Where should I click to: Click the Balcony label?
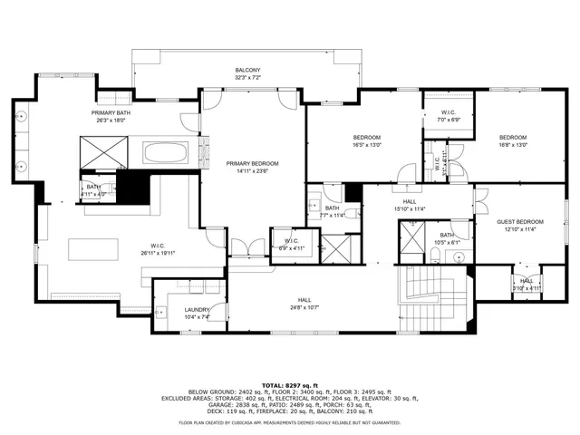[247, 70]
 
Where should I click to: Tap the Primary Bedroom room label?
[252, 163]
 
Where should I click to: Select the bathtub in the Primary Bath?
[169, 151]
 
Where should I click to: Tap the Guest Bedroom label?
[520, 222]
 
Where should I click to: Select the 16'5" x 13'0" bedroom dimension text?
[367, 145]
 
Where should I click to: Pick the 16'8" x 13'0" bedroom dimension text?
[512, 145]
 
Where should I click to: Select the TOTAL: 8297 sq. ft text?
[290, 384]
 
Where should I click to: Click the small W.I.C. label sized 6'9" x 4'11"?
[292, 241]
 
